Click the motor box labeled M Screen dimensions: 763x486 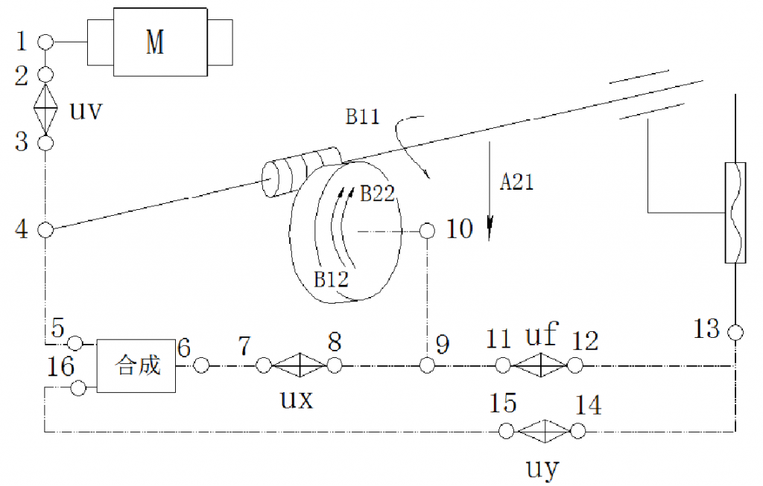click(x=160, y=42)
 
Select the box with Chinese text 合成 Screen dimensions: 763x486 click(x=136, y=366)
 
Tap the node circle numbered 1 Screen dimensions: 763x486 click(x=45, y=42)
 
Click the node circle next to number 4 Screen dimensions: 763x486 click(x=45, y=229)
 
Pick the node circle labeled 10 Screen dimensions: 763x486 click(x=427, y=231)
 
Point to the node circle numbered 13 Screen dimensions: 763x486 click(x=735, y=333)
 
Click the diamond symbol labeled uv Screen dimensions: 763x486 click(x=45, y=109)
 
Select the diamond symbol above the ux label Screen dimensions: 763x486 click(x=299, y=365)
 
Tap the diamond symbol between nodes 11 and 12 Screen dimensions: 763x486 click(x=540, y=365)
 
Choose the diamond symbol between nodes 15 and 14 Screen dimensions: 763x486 click(x=545, y=431)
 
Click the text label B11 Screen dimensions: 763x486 click(x=362, y=117)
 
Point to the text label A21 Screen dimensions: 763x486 click(x=517, y=182)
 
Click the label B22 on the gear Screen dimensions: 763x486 click(x=377, y=194)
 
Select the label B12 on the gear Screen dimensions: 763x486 click(x=332, y=279)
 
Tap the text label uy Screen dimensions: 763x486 click(x=542, y=468)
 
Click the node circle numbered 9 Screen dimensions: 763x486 click(x=427, y=365)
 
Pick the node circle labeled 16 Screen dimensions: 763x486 click(x=78, y=389)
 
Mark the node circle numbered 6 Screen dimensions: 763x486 click(x=201, y=365)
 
